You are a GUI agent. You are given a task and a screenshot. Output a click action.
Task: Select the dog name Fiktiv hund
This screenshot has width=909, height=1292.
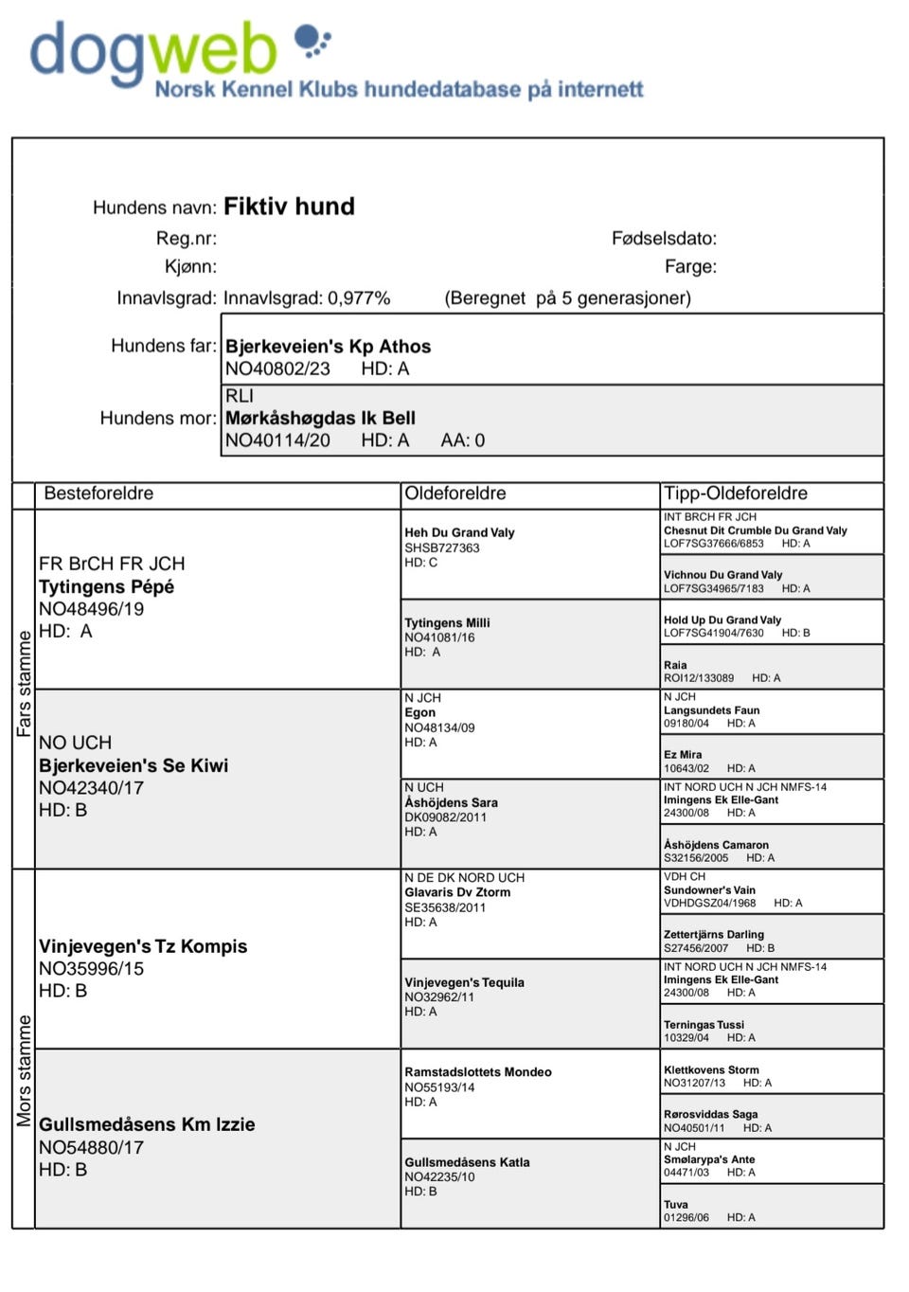click(289, 206)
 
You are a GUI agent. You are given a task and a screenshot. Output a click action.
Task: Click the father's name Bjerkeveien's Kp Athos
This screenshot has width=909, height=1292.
click(328, 347)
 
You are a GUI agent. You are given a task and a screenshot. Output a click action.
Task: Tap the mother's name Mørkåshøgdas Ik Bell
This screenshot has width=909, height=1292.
click(320, 418)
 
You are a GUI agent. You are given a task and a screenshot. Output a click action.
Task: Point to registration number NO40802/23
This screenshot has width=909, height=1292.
click(277, 368)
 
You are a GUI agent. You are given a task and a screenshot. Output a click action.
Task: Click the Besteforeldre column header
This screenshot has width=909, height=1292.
click(98, 493)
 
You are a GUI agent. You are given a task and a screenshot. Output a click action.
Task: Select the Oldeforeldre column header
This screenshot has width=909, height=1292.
click(455, 493)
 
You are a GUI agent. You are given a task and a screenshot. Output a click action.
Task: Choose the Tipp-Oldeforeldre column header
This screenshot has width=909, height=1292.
click(736, 493)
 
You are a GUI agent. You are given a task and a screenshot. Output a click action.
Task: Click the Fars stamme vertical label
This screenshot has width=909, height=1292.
click(24, 684)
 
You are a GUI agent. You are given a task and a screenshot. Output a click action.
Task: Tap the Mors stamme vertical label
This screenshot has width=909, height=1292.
click(24, 1070)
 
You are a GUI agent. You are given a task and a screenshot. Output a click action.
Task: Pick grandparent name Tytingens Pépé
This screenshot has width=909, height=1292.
click(106, 586)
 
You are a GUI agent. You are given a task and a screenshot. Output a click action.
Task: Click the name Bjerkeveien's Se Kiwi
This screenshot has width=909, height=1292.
click(134, 765)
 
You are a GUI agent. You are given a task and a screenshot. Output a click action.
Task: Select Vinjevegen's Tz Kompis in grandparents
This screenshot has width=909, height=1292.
click(143, 946)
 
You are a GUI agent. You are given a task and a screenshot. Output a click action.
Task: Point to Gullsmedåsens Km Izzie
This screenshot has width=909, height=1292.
click(147, 1124)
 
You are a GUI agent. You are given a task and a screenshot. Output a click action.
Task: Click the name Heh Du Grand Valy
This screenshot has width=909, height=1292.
click(459, 533)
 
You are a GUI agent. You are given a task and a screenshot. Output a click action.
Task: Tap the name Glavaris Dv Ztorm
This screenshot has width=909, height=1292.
click(457, 892)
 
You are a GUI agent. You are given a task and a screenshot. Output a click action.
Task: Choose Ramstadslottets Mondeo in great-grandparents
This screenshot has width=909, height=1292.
click(478, 1072)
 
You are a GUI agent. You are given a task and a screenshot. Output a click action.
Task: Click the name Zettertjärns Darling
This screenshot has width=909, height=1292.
click(714, 934)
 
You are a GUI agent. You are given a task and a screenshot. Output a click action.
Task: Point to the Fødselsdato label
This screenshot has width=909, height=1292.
click(664, 239)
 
